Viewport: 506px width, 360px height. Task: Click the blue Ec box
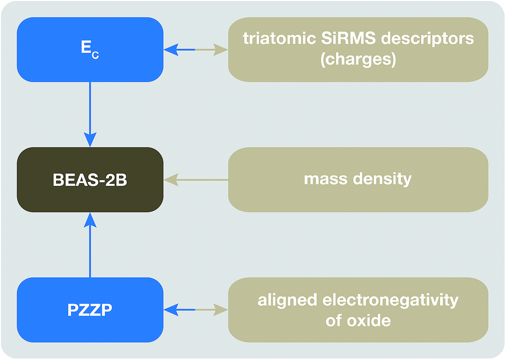[x=90, y=50]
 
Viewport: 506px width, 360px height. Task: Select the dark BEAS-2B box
[x=90, y=180]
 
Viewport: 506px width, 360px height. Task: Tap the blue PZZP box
[x=90, y=309]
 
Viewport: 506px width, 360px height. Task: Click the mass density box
[x=358, y=180]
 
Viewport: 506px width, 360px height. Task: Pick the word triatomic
[x=279, y=38]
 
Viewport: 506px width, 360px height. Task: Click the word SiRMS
[x=349, y=38]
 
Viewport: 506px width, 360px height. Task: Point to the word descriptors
[x=428, y=39]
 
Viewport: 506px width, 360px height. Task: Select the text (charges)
[x=358, y=59]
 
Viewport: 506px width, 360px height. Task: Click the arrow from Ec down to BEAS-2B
[x=90, y=115]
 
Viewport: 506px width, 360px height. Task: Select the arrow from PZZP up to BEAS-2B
[x=90, y=245]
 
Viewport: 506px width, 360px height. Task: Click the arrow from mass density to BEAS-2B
[x=196, y=180]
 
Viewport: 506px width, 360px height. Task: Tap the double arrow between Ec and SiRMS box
[x=196, y=50]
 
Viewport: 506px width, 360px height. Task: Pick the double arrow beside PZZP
[x=196, y=309]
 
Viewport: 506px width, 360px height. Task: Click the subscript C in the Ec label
[x=95, y=55]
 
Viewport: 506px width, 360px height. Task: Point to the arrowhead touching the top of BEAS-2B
[x=90, y=140]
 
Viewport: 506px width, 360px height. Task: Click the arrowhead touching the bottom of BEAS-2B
[x=90, y=220]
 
